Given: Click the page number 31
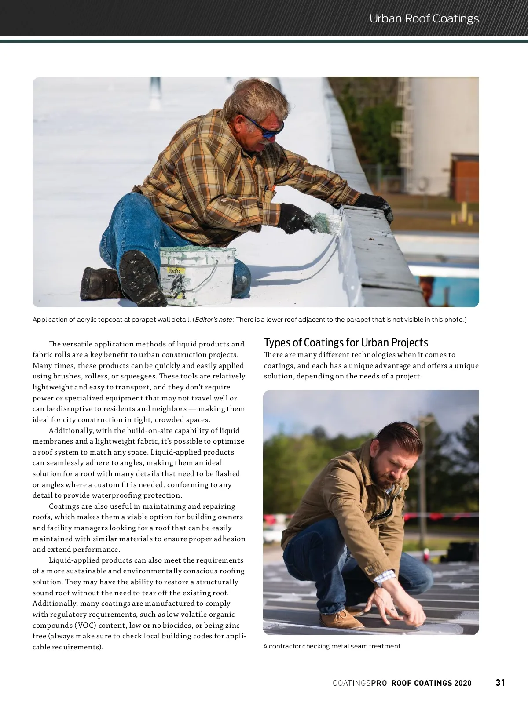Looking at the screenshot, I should tap(500, 682).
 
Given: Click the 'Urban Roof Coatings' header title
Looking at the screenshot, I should tap(424, 18).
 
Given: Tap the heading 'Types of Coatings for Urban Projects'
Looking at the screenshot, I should tap(346, 342).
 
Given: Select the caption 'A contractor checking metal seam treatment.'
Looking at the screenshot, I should tap(332, 646).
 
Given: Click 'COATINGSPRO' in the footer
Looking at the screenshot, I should tap(359, 683).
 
